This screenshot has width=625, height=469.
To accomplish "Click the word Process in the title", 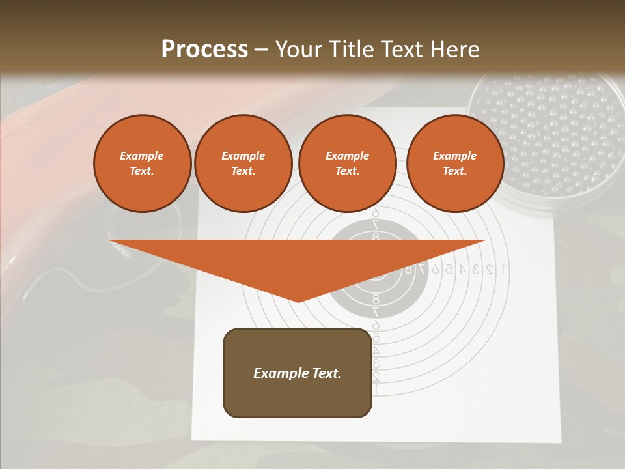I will point(204,50).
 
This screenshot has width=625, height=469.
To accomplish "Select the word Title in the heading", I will point(352,50).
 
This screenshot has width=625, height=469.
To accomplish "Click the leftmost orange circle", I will point(143,163).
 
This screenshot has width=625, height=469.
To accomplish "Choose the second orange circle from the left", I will point(243,163).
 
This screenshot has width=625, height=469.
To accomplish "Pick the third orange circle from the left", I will point(348,163).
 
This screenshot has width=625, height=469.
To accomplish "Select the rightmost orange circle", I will point(455,163).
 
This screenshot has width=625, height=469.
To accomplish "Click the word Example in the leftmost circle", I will point(142,156).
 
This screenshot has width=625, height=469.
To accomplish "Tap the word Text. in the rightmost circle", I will point(455,171).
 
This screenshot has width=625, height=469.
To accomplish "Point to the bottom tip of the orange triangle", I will point(298,301).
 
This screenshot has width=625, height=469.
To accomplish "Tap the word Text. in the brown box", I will point(325,373).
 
